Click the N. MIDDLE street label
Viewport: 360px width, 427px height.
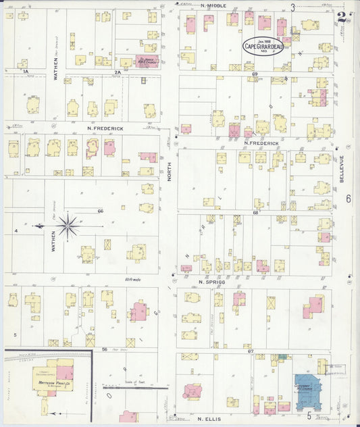(214, 5)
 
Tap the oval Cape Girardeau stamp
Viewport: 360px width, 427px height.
(263, 46)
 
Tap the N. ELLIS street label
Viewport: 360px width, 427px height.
(211, 419)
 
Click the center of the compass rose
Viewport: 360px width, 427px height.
(67, 226)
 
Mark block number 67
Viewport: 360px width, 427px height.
(251, 351)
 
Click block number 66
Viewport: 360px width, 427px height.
(100, 211)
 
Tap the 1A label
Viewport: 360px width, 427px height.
(26, 71)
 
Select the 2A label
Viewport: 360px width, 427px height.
(117, 71)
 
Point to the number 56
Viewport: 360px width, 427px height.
(105, 349)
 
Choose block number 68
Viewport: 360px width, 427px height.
(256, 213)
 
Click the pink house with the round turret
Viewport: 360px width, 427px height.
(192, 392)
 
